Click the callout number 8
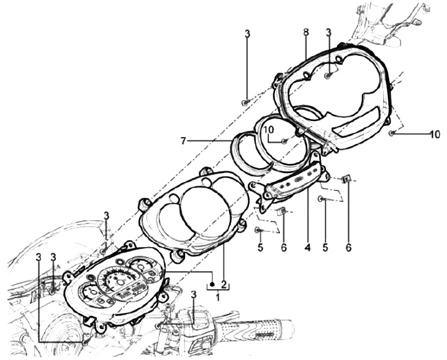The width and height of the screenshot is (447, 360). (306, 32)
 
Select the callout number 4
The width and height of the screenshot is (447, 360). (307, 247)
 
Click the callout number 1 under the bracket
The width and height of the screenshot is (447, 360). (217, 297)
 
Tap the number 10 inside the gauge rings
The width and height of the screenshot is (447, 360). (268, 130)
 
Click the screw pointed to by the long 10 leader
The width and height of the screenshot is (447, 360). (391, 133)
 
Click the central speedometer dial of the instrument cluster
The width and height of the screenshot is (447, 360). (118, 282)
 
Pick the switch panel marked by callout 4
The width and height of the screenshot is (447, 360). (292, 184)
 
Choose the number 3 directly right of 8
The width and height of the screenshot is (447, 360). (328, 32)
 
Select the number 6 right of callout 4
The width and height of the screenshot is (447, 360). (348, 247)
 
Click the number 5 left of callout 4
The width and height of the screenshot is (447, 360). (260, 247)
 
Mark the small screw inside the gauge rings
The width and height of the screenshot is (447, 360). (284, 142)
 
